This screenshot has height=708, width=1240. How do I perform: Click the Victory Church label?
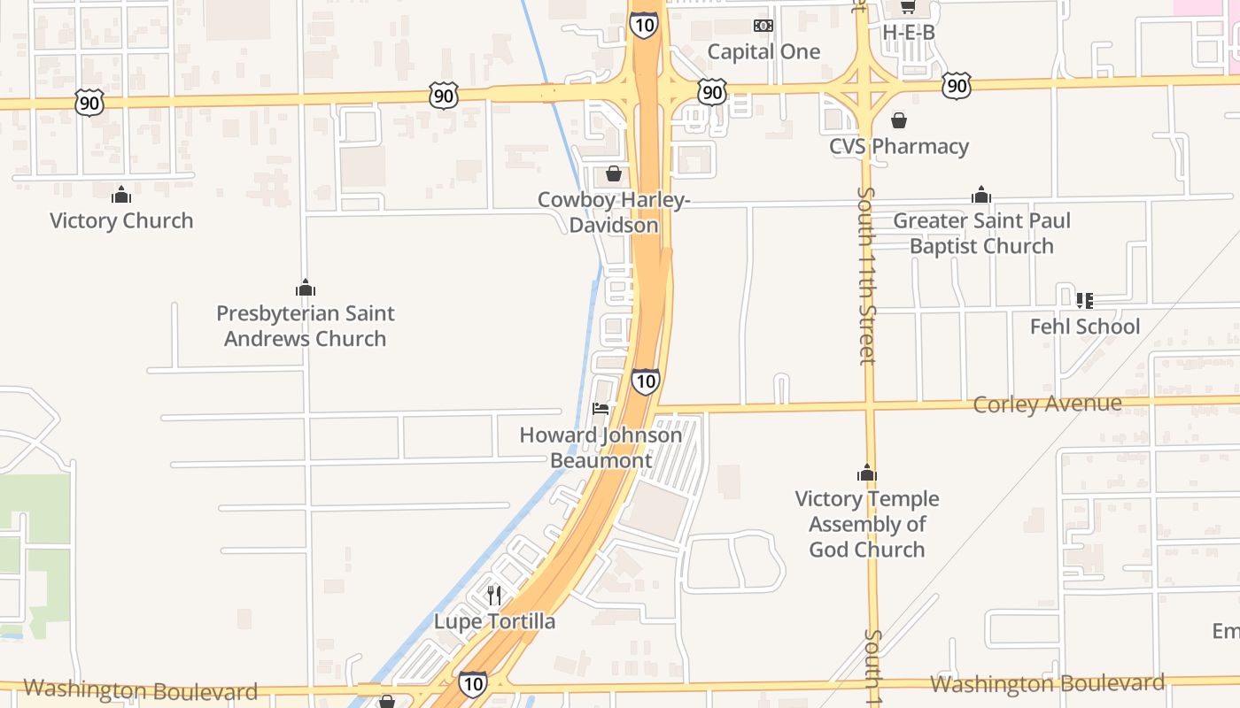[121, 220]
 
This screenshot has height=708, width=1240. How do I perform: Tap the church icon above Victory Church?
[121, 195]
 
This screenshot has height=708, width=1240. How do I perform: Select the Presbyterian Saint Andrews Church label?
[306, 326]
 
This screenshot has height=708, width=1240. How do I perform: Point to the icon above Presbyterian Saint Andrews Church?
[306, 288]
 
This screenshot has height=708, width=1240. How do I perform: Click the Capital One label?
[763, 51]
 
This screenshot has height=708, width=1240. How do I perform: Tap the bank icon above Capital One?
[763, 26]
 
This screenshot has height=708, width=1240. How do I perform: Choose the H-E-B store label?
[909, 32]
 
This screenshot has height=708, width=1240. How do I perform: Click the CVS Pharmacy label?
[899, 146]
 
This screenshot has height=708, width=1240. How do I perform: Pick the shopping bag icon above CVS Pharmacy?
[899, 119]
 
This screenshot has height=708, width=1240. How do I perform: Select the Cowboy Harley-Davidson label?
[614, 212]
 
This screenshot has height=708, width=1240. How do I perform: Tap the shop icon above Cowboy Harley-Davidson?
[613, 173]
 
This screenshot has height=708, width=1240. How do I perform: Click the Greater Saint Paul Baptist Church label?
[981, 233]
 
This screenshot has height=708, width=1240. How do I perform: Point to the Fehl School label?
[1085, 327]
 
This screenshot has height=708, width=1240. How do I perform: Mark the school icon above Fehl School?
[1085, 301]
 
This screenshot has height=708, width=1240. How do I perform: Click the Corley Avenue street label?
[1047, 404]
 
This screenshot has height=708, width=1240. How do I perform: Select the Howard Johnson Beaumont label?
[601, 448]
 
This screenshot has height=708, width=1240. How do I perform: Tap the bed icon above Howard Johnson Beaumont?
[601, 409]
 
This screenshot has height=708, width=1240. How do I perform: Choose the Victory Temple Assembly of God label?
[867, 524]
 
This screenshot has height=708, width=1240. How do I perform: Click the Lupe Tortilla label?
[494, 621]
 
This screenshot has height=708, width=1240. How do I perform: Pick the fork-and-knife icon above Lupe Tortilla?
[494, 596]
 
